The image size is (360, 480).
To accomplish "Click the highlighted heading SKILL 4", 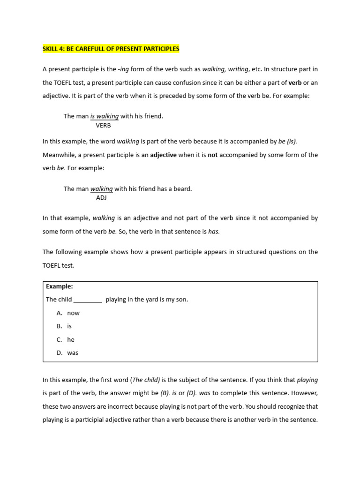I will click(x=111, y=49).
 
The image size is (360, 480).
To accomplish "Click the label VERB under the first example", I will click(x=104, y=125).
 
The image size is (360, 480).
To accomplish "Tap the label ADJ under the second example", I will click(x=101, y=197).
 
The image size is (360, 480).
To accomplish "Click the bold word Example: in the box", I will click(x=60, y=286).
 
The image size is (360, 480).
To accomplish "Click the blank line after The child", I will click(x=88, y=300).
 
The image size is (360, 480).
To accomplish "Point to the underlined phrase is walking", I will click(x=105, y=116).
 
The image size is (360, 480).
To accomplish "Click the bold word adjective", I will click(x=163, y=155).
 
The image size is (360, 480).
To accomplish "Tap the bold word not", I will click(x=213, y=155).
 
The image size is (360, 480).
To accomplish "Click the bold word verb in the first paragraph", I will click(x=295, y=82).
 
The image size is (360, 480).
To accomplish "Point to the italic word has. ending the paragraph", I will click(x=214, y=232).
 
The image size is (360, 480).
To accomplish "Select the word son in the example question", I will click(x=181, y=300).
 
